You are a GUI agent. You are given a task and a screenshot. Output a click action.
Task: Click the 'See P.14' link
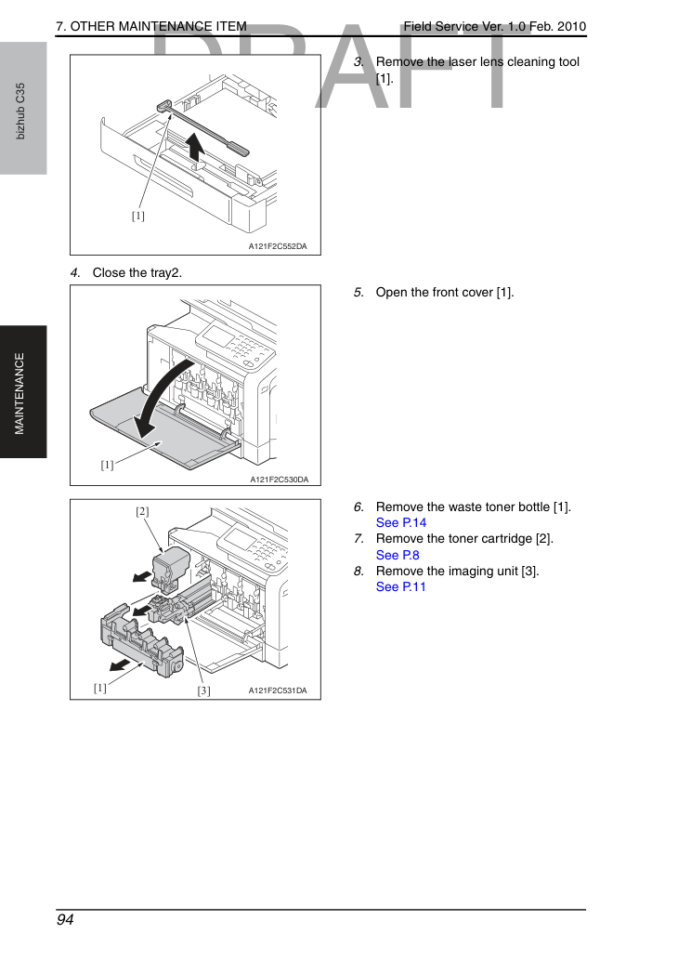click(401, 523)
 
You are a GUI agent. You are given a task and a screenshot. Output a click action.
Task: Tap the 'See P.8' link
click(398, 556)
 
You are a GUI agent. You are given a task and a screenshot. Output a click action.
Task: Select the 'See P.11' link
click(401, 587)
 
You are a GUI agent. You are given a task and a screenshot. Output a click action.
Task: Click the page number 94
click(65, 920)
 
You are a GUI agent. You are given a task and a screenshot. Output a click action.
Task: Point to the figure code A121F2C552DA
click(278, 246)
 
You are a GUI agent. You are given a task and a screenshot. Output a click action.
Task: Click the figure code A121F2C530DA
click(279, 480)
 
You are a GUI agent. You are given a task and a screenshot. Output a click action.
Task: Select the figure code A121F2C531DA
click(278, 690)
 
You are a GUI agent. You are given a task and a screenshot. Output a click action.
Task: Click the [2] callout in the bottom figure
click(142, 511)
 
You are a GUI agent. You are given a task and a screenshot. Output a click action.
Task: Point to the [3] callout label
click(203, 690)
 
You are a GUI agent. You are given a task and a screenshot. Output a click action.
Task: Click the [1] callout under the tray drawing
click(138, 216)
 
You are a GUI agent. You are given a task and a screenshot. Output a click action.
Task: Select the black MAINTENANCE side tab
click(23, 392)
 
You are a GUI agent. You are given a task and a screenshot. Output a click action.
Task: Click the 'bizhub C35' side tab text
click(20, 112)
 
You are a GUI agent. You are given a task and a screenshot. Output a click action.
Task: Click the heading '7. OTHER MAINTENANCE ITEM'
click(151, 26)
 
